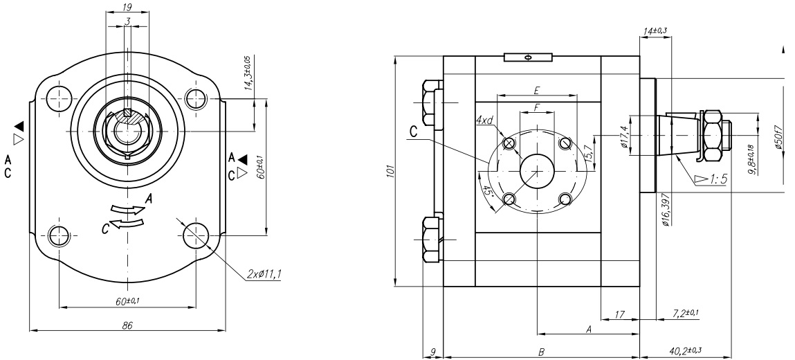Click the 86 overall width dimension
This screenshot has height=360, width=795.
pos(127,325)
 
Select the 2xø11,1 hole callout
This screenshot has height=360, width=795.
pos(264,274)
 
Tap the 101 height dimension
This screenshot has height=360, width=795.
pos(390,171)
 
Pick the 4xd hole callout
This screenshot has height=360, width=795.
pos(485,120)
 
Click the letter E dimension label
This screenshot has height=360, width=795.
pos(536,91)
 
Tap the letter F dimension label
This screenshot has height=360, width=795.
pos(537,108)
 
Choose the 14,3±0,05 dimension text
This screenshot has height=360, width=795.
pos(248,73)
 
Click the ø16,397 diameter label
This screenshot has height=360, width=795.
pos(666,209)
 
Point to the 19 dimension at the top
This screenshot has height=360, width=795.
pos(127,7)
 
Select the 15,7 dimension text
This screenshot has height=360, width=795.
pos(587,152)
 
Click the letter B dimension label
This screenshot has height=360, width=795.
pos(541,352)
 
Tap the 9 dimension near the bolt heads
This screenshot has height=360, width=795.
pos(432,351)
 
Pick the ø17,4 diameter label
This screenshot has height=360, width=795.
pos(625,136)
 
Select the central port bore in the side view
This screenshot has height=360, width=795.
pos(537,171)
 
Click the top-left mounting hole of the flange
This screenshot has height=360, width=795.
pos(60,98)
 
